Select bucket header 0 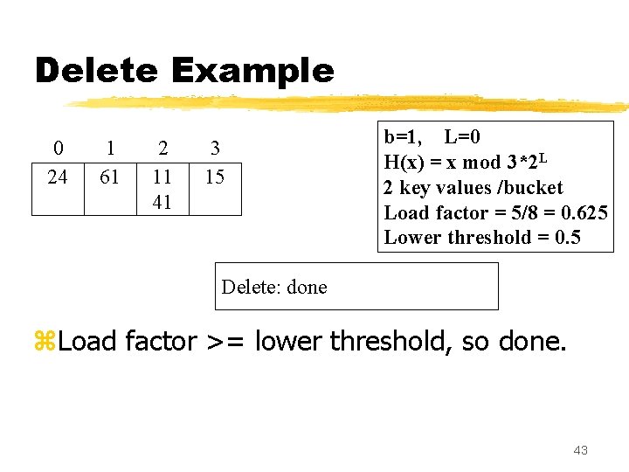coord(58,149)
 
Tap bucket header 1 coord(110,149)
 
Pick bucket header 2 coord(162,149)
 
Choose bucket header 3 coord(215,149)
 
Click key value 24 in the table coord(58,177)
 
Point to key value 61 coord(110,177)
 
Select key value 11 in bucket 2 coord(162,177)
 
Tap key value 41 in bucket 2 coord(162,202)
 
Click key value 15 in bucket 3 coord(215,177)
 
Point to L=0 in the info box coord(462,137)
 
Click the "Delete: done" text coord(274,287)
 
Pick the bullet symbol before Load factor coord(44,341)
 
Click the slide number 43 coord(580,450)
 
